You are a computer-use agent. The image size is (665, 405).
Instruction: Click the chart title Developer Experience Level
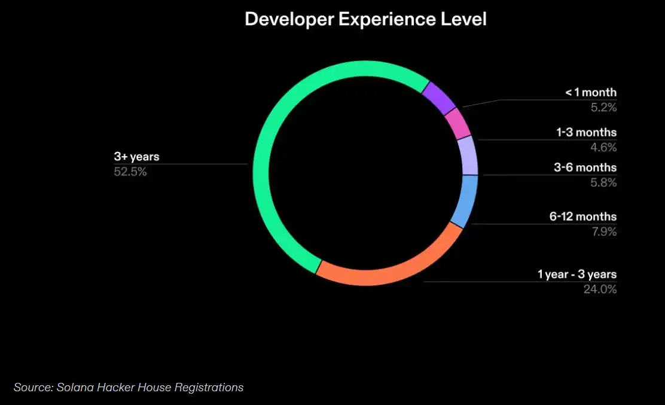[365, 19]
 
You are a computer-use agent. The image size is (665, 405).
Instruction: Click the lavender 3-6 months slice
[468, 155]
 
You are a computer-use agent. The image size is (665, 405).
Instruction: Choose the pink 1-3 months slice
[458, 123]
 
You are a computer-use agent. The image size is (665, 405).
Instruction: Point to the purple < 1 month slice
[439, 98]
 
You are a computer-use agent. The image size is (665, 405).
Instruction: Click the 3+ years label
[137, 157]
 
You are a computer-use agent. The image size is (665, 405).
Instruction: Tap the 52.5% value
[130, 172]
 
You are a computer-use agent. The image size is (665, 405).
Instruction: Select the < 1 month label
[591, 93]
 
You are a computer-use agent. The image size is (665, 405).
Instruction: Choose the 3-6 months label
[584, 168]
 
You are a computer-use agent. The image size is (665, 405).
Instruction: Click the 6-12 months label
[583, 217]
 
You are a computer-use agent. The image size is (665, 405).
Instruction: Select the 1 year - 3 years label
[576, 275]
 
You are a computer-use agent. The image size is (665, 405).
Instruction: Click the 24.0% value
[600, 290]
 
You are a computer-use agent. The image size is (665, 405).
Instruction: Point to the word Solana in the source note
[74, 387]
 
